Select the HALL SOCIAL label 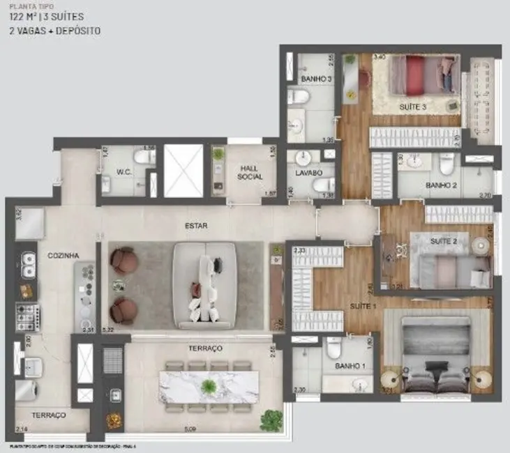250,172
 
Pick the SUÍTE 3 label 414,107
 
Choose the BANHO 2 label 441,185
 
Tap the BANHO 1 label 349,366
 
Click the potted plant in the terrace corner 271,420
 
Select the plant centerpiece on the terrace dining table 209,387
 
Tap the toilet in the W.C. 145,158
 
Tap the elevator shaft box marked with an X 183,171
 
